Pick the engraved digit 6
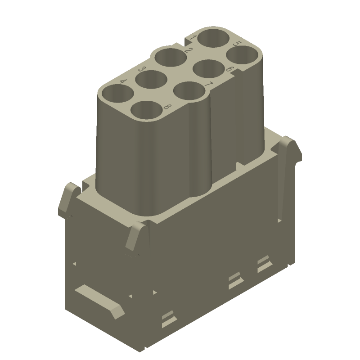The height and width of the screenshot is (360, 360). click(229, 69)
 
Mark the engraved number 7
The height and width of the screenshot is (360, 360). click(208, 84)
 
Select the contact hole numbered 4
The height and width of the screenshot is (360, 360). click(117, 95)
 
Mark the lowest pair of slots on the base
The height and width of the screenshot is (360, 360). click(167, 318)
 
